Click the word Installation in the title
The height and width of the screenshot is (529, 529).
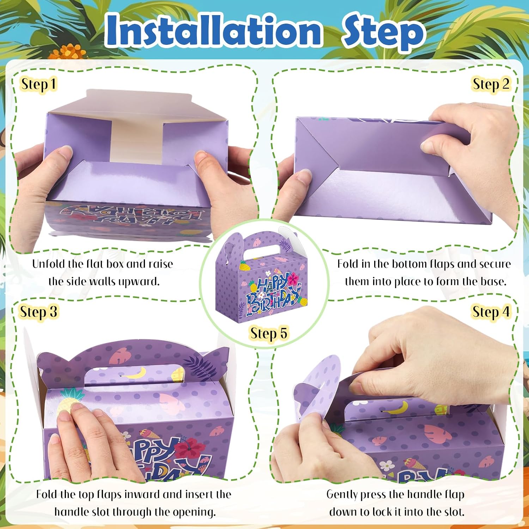[214, 30]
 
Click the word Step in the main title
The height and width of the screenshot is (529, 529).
[383, 32]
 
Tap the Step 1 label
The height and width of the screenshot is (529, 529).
[38, 85]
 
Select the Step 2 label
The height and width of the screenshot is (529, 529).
[491, 85]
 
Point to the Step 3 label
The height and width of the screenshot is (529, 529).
[38, 312]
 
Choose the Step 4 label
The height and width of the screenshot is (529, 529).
[491, 312]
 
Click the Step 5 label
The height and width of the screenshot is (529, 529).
[269, 334]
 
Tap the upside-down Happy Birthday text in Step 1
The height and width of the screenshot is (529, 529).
[132, 214]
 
